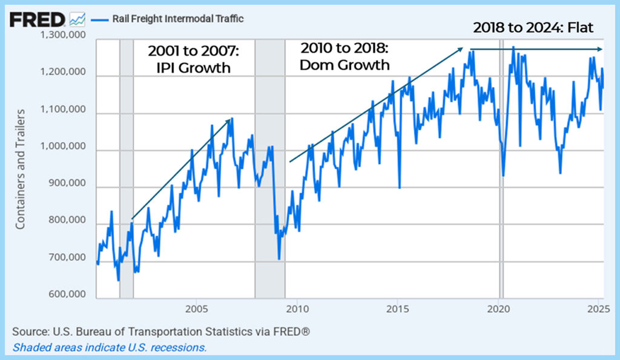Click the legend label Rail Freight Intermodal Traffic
[x=177, y=19]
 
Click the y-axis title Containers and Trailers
[x=20, y=169]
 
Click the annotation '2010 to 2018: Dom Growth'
[x=345, y=56]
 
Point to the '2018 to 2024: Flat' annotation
[x=533, y=28]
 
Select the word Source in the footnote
[x=29, y=332]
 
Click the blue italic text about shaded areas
[x=110, y=347]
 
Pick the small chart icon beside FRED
[x=77, y=19]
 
